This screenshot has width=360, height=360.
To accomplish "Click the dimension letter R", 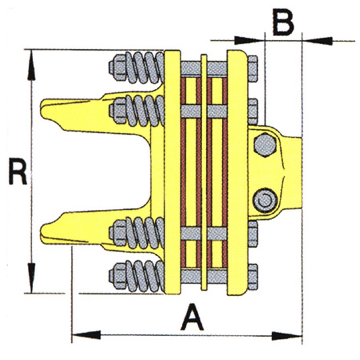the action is coord(18,171).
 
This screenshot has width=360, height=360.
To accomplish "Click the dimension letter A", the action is coord(192,316).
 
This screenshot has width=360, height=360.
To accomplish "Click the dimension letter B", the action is coord(283,22).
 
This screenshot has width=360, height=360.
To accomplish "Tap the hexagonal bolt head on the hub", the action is coord(265,145).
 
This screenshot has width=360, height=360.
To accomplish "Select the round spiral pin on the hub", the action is coord(265,201).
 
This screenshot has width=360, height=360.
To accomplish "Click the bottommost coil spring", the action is coord(145,276).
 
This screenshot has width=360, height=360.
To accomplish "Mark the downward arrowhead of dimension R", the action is coord(31,278).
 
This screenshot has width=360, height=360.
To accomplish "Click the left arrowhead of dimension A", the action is coord(86,335).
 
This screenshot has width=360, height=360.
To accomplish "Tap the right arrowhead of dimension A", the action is coord(287,336).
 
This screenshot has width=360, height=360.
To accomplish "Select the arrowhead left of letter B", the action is coord(249,40).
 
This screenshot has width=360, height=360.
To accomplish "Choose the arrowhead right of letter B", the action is coord(317,41).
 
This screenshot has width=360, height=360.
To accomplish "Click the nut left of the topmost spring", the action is coord(118,67).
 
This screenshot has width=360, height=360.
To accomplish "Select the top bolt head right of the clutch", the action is coord(253,69).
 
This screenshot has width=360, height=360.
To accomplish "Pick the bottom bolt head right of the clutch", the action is coord(253,276).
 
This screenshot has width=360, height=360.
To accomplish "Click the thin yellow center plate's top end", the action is coord(204,55).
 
